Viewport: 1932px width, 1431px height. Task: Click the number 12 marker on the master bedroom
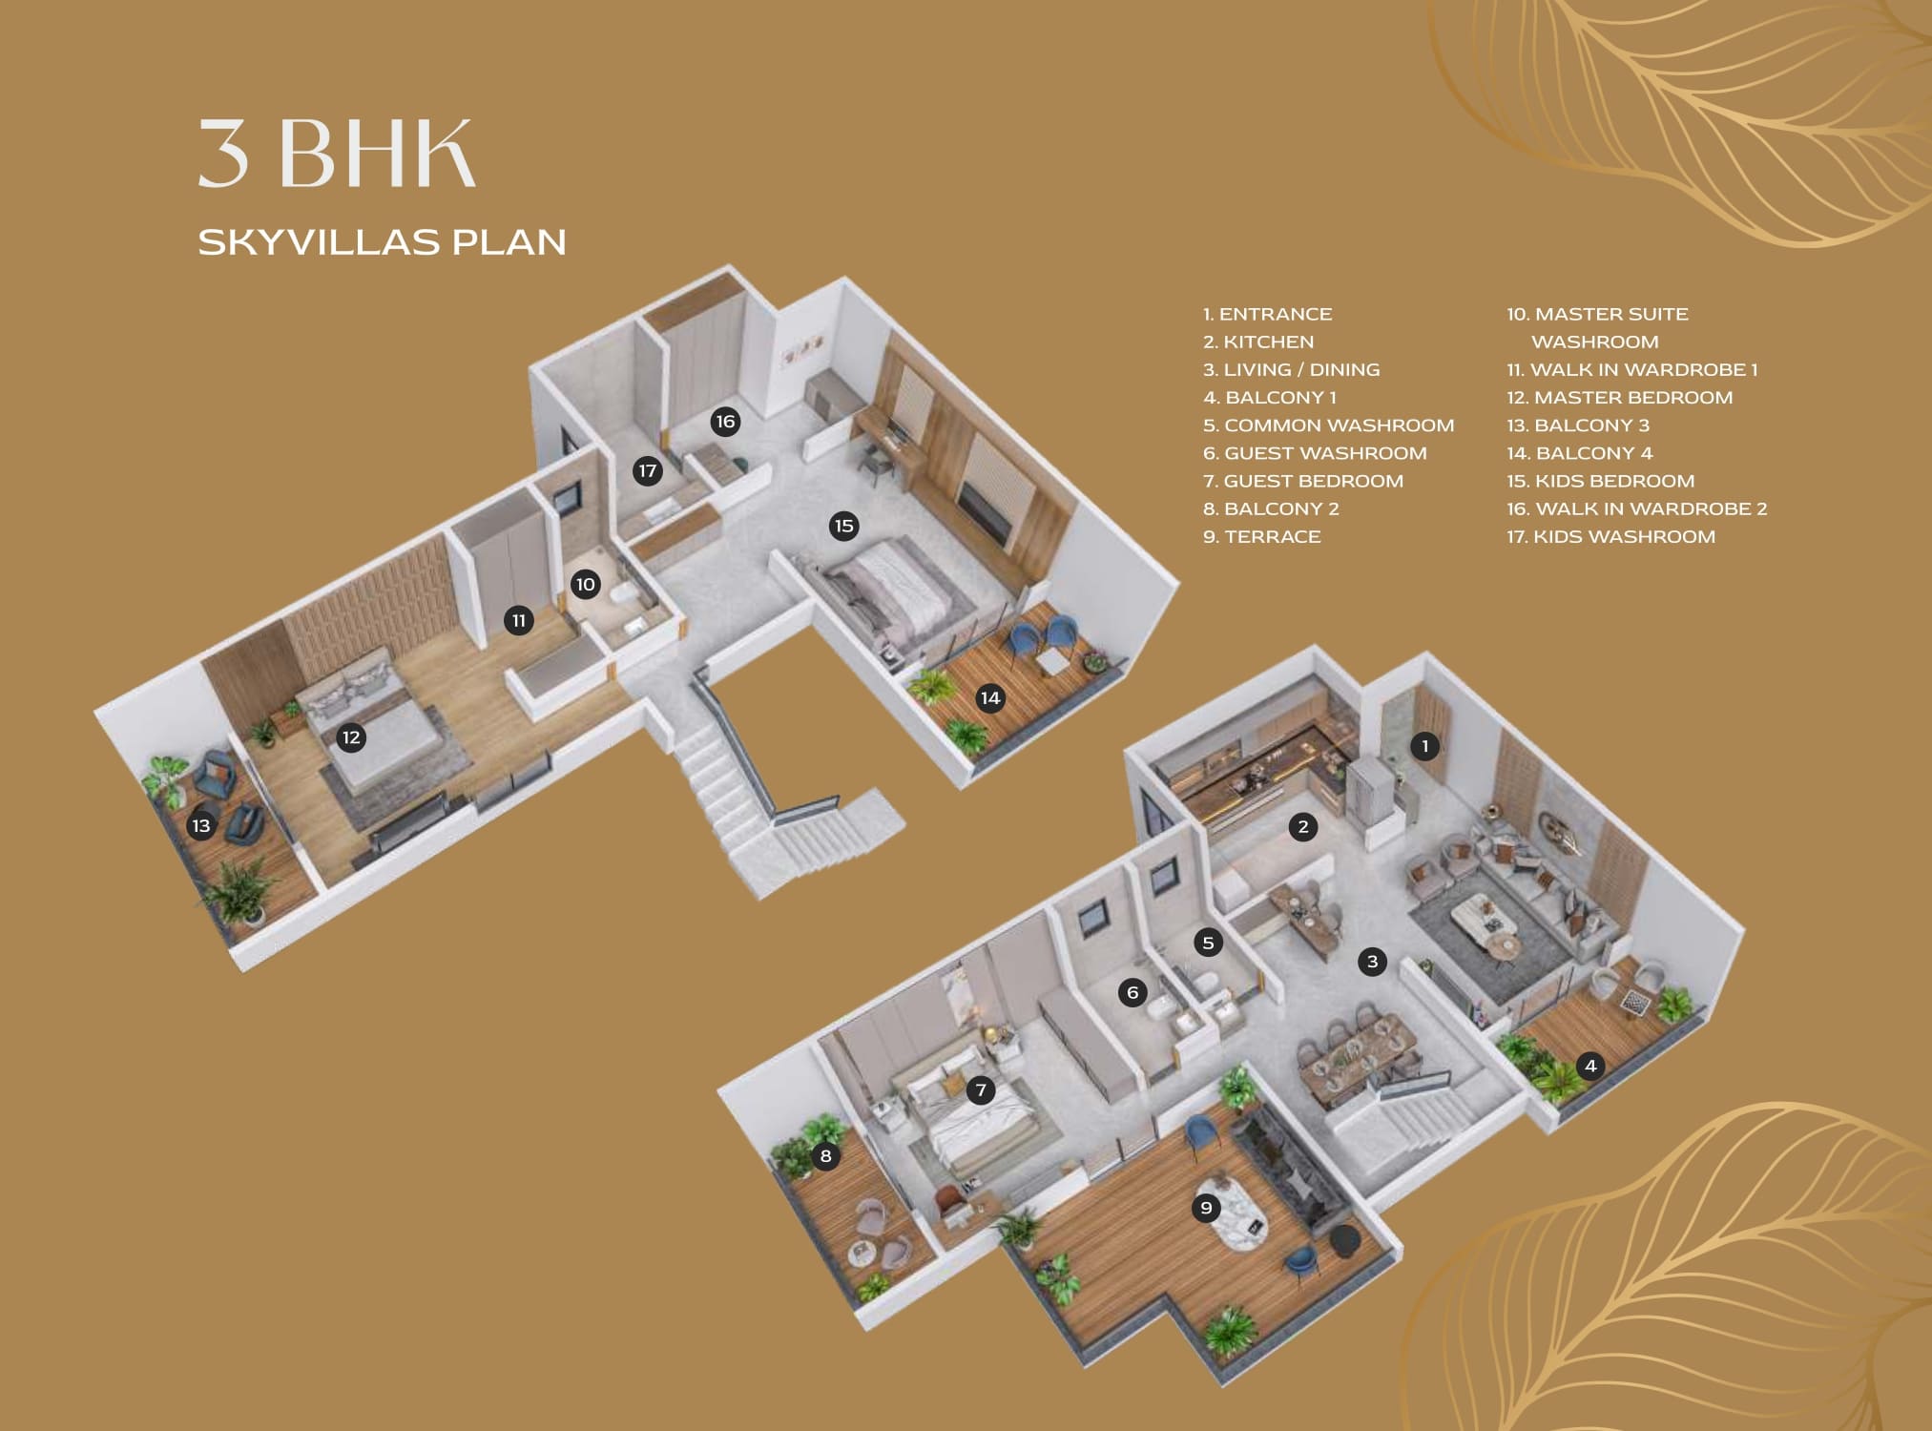351,737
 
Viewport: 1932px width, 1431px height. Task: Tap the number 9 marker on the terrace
1206,1209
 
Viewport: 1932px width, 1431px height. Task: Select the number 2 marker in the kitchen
1303,827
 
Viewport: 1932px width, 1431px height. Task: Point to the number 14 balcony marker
990,698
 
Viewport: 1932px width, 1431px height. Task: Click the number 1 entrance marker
1424,746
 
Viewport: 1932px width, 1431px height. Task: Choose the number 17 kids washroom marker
648,470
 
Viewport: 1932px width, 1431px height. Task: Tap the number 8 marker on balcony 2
825,1156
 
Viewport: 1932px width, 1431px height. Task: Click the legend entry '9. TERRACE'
1261,537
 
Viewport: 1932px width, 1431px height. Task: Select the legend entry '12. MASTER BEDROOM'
1619,398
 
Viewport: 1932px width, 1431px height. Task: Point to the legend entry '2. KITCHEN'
1258,342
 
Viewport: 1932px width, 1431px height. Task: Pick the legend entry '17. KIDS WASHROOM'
1610,537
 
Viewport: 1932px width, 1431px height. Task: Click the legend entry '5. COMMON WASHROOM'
1328,425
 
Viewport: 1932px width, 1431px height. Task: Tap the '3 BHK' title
336,153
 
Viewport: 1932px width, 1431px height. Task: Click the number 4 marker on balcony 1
1589,1066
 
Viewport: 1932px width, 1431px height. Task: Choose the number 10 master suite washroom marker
586,585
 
